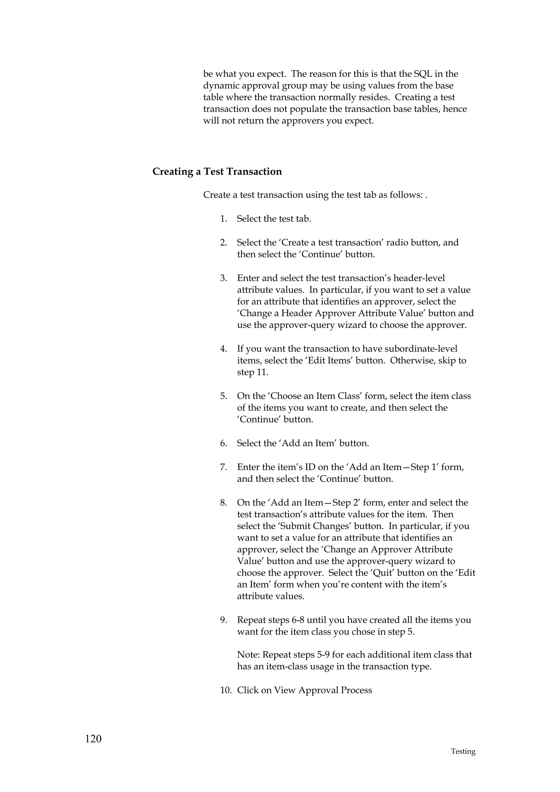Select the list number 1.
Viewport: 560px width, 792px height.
pos(223,219)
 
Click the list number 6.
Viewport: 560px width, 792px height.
pos(224,443)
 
